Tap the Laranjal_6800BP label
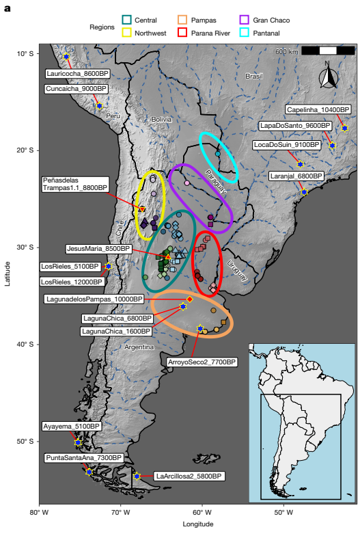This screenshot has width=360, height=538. pyautogui.click(x=296, y=176)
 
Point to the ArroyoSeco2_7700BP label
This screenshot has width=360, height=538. pyautogui.click(x=202, y=362)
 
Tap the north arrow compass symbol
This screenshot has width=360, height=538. pyautogui.click(x=328, y=76)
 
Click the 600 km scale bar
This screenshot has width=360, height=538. pyautogui.click(x=328, y=51)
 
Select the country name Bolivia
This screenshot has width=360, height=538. pyautogui.click(x=161, y=119)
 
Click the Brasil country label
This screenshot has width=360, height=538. pyautogui.click(x=253, y=77)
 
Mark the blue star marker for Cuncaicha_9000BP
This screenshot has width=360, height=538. pyautogui.click(x=99, y=106)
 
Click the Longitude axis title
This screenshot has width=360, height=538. pyautogui.click(x=197, y=524)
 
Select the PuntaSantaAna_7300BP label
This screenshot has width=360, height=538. pyautogui.click(x=83, y=458)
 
